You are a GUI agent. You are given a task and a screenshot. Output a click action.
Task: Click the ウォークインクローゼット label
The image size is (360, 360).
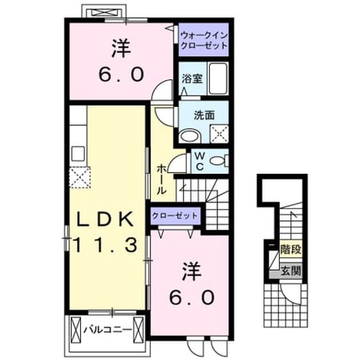tap(204, 41)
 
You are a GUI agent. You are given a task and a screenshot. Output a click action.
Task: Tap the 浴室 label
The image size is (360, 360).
tap(192, 79)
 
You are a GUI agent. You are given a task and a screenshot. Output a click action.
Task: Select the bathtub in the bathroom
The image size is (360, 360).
tap(218, 78)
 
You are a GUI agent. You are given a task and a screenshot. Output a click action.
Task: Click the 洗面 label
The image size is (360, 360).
tap(204, 115)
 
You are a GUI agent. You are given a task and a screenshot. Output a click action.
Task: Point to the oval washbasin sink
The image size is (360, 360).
tap(190, 136)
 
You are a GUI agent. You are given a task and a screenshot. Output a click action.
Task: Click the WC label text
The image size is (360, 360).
tap(200, 161)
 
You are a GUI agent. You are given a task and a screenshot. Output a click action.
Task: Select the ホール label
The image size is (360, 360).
tap(161, 179)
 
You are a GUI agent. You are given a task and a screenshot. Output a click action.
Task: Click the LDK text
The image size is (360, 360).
tap(105, 219)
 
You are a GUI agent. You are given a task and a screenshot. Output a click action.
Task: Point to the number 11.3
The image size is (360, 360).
tap(106, 245)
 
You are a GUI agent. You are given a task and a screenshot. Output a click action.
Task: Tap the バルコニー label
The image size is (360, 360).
tap(107, 330)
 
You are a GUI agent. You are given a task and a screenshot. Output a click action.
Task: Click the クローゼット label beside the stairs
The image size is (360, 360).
tap(175, 215)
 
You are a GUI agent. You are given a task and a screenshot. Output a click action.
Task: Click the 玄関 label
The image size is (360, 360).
tap(291, 271)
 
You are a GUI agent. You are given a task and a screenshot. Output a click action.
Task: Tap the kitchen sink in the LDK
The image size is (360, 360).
tap(78, 153)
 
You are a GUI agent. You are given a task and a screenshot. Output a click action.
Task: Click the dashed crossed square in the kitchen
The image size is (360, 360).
tap(80, 178)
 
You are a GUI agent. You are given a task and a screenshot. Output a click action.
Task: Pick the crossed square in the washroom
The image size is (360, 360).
tap(219, 134)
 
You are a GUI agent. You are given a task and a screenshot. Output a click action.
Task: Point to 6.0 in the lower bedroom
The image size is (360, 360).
tap(191, 298)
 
